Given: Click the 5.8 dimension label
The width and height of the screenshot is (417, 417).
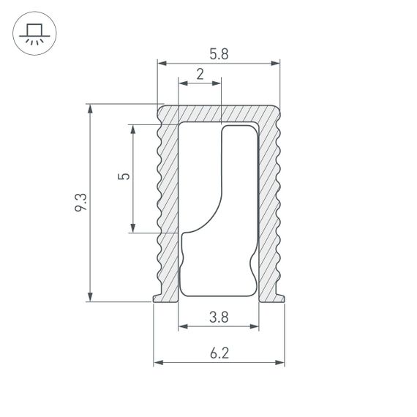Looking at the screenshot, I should coord(218,53).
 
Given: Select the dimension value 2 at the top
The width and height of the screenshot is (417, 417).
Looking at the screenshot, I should coord(200,73).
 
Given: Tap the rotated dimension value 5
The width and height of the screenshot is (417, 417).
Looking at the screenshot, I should coord(124,177).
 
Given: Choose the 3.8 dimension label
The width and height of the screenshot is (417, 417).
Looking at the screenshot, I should coord(218,317).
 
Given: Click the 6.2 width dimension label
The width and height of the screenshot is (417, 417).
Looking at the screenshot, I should coord(219,353).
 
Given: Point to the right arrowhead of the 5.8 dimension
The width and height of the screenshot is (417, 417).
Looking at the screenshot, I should coord(276,64).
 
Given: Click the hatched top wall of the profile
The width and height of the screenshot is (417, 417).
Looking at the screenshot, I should coord(219,113).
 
